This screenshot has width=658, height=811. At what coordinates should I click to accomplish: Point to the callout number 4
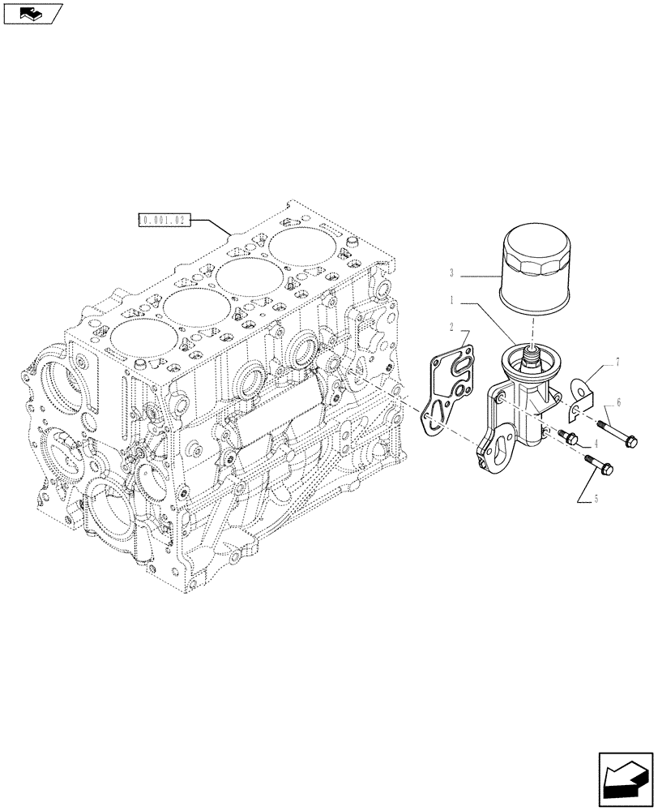coord(596,444)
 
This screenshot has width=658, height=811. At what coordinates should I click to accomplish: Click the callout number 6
coord(618,401)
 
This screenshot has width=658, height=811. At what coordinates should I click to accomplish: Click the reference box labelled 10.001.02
coord(164,220)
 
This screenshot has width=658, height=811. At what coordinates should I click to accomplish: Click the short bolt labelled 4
coord(566,437)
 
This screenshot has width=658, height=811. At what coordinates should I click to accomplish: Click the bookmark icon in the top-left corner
coord(32,12)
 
